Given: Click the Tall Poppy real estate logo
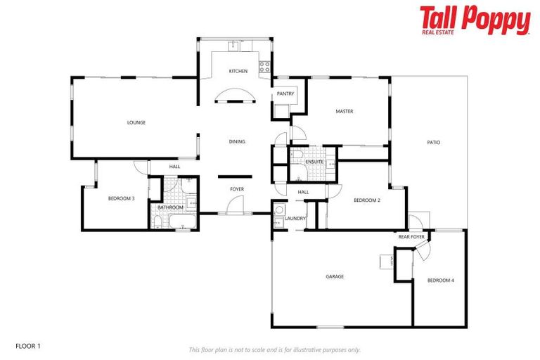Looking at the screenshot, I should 475,20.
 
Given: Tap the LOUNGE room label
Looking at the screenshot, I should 136,122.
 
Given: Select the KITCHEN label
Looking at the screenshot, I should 238,71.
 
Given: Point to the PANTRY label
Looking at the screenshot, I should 285,94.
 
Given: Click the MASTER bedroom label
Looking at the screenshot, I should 344,111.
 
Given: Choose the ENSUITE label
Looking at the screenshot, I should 314,162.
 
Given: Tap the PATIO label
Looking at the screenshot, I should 433,142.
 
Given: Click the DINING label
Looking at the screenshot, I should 237,141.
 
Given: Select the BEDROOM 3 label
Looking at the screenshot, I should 121,199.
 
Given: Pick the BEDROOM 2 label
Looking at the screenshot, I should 366,200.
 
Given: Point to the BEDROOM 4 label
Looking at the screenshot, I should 441,281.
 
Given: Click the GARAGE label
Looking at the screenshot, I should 335,276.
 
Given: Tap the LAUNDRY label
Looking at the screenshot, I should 295,218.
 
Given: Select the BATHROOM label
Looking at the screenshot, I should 170,207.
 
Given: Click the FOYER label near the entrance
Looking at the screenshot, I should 237,189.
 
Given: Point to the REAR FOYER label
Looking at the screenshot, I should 411,237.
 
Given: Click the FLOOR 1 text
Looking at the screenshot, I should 29,346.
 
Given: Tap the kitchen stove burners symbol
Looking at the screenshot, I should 264,67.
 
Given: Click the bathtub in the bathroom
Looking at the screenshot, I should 180,222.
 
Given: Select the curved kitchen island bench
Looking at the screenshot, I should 232,96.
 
